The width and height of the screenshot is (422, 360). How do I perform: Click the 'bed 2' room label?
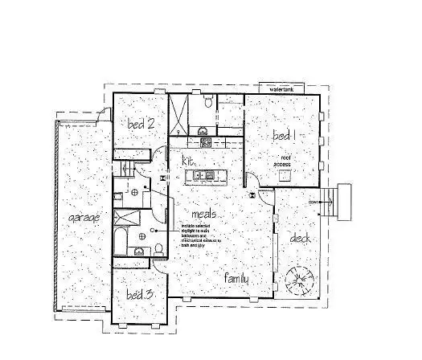tap(141, 124)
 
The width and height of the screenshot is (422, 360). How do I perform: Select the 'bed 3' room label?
tap(139, 295)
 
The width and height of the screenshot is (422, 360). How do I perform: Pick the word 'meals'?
tap(203, 215)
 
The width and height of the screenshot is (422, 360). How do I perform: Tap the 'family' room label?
tap(237, 278)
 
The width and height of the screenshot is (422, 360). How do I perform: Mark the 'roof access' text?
tap(282, 160)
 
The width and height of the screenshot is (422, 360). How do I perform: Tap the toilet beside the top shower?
tap(208, 102)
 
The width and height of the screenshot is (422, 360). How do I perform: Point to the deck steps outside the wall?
tap(345, 202)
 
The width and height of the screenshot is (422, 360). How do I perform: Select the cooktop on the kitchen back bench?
tap(205, 142)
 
